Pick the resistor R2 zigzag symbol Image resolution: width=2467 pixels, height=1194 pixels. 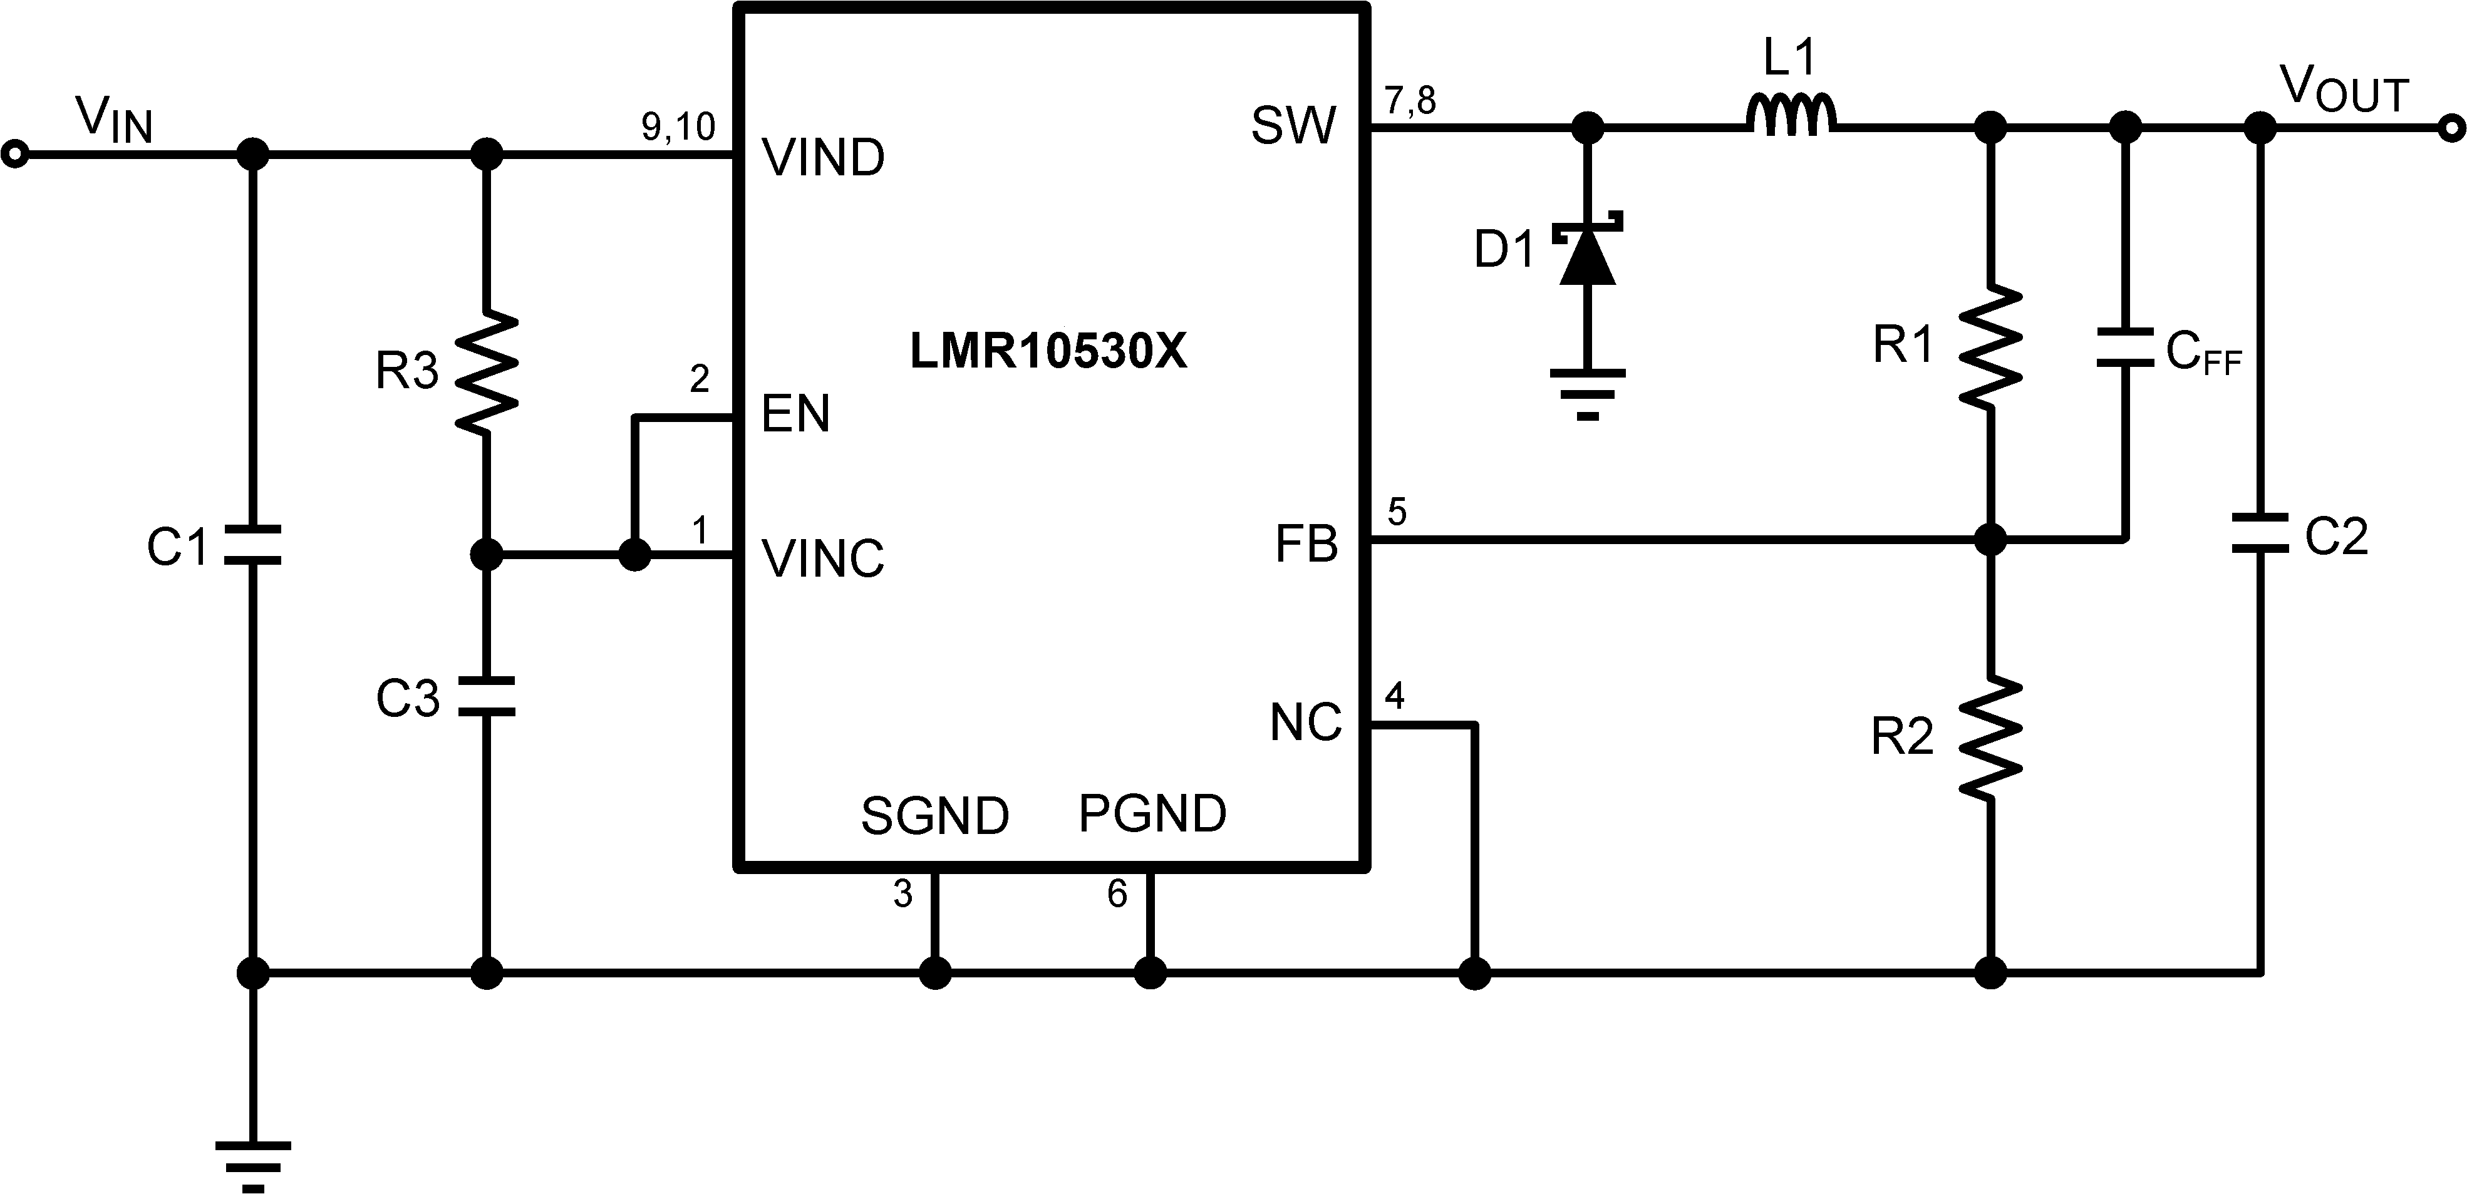coord(1990,738)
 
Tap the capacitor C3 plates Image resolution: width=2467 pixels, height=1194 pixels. coord(487,696)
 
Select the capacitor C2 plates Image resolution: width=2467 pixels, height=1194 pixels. coord(2260,533)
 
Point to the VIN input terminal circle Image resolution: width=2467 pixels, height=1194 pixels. coord(14,153)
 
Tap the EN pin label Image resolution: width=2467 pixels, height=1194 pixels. coord(795,414)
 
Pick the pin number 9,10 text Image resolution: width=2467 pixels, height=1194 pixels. coord(678,126)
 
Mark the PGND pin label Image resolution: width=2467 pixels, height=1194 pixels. coord(1152,814)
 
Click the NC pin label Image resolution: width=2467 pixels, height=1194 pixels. coord(1305,723)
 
